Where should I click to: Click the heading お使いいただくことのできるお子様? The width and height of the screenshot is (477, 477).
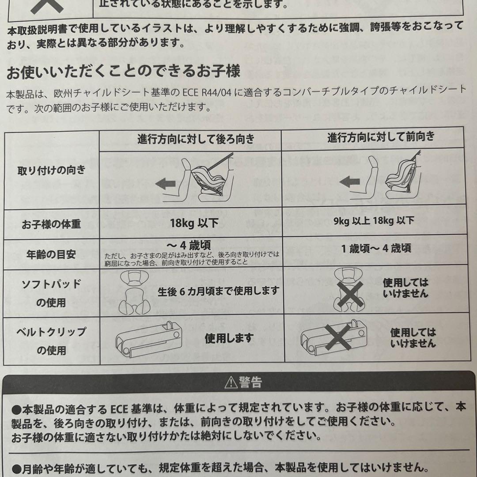click(x=124, y=72)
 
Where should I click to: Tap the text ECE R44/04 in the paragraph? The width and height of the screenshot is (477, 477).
click(x=207, y=92)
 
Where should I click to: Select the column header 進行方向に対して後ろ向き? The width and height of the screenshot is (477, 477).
click(x=196, y=139)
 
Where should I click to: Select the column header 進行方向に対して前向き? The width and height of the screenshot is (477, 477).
click(x=381, y=137)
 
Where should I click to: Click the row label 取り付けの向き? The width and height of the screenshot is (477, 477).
click(x=51, y=170)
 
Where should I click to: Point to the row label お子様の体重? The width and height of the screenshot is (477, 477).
click(x=51, y=224)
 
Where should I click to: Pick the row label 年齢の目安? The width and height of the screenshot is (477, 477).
click(x=51, y=254)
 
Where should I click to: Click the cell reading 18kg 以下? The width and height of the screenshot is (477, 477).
click(x=194, y=223)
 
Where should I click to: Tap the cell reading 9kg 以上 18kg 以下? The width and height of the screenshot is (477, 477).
click(x=374, y=220)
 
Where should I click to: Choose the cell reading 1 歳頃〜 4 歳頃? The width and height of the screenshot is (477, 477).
click(x=376, y=248)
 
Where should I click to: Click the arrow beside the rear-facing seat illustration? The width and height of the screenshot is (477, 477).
click(x=165, y=184)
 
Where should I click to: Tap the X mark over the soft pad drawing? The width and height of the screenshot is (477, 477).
click(x=350, y=294)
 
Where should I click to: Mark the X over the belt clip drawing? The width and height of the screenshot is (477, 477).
click(x=338, y=337)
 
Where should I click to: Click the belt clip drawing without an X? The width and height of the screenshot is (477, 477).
click(x=149, y=339)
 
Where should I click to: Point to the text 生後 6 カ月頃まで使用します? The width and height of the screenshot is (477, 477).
click(x=218, y=291)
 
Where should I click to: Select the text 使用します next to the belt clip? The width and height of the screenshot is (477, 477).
click(x=229, y=338)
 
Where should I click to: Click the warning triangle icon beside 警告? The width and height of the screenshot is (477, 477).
click(x=231, y=382)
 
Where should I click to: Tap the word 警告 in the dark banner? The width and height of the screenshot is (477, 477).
click(x=250, y=382)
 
